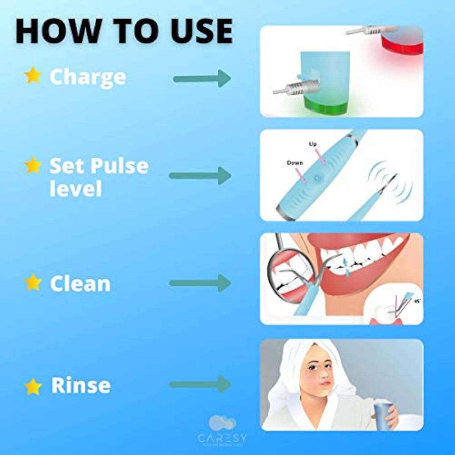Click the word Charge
tap(88, 77)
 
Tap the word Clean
tap(80, 284)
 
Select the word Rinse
tap(81, 385)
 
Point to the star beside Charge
tap(33, 76)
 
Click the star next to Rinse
tap(33, 387)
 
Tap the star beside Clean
tap(33, 283)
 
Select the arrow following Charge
tap(202, 79)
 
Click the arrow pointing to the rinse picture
tap(200, 384)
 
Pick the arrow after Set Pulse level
tap(200, 176)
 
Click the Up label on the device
tap(313, 144)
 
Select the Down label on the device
tap(295, 163)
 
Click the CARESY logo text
tap(222, 438)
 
